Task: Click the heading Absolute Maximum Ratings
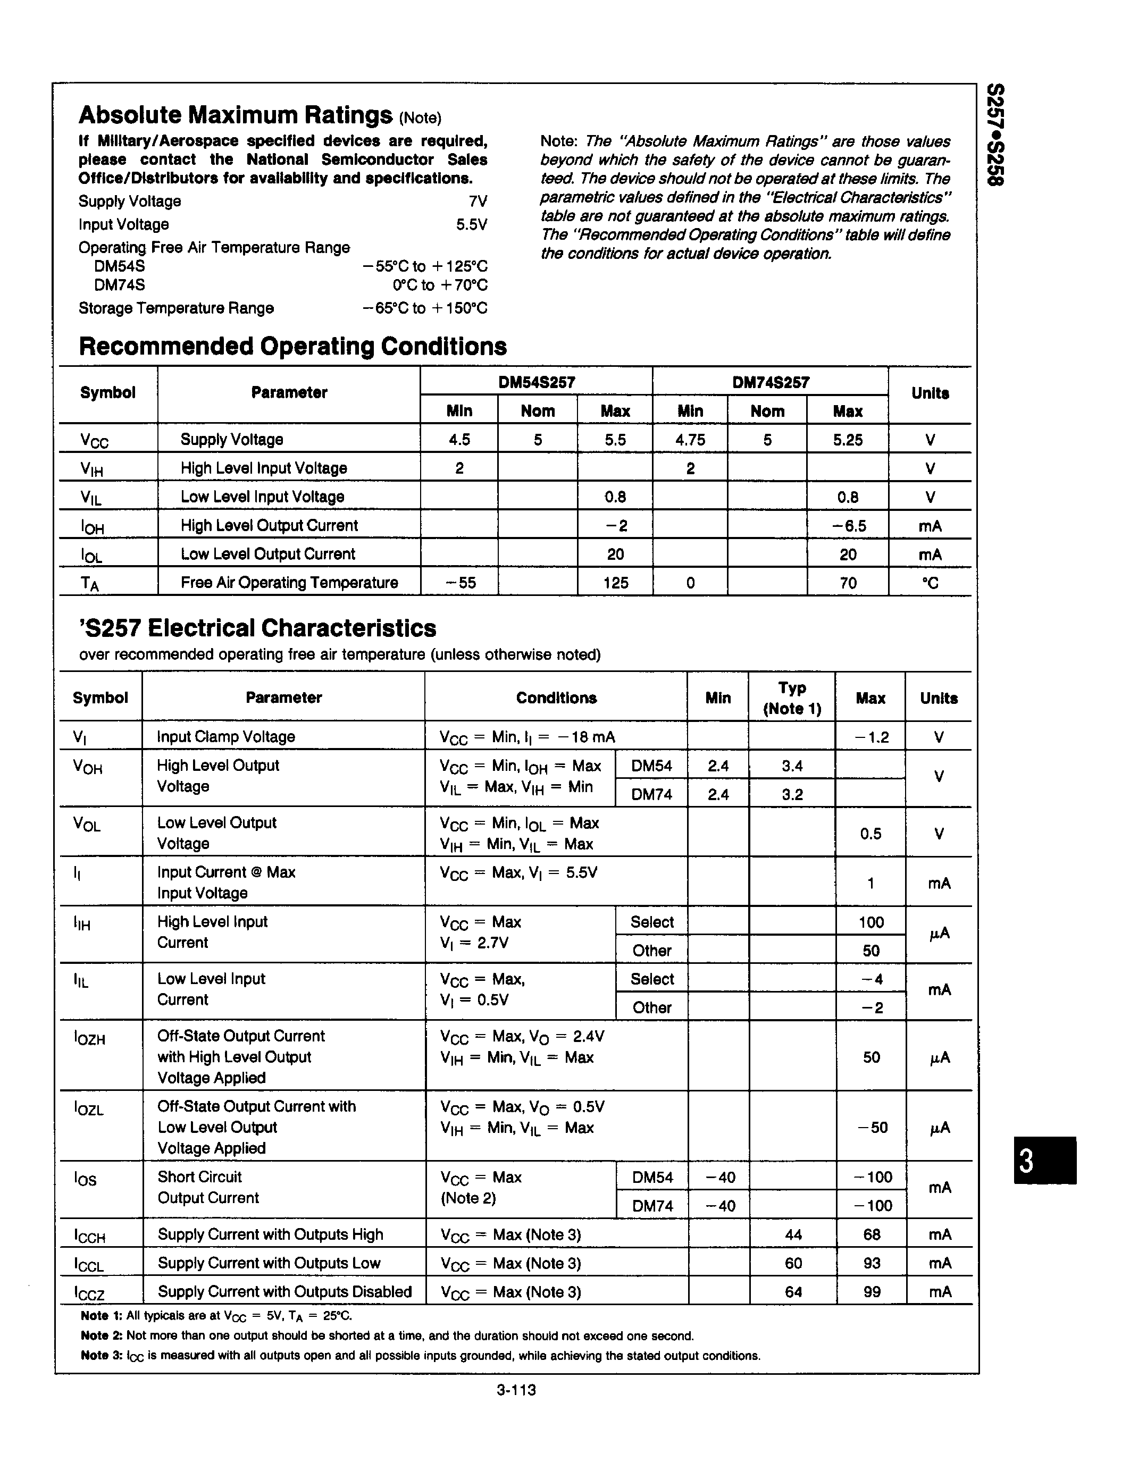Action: pos(235,115)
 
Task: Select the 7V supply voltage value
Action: pos(478,201)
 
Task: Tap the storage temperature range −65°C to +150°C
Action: pos(425,308)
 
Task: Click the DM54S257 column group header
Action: pos(537,382)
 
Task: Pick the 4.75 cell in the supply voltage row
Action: pos(690,440)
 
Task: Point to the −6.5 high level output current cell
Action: pos(848,525)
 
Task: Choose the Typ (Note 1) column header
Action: pos(792,698)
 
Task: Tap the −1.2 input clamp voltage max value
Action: pos(872,737)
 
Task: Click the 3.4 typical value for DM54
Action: pos(792,765)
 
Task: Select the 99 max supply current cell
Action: pos(872,1292)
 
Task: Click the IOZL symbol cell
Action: pos(88,1108)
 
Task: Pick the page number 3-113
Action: pos(516,1390)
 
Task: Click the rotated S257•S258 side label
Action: pos(996,145)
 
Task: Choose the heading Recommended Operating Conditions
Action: pos(292,346)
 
